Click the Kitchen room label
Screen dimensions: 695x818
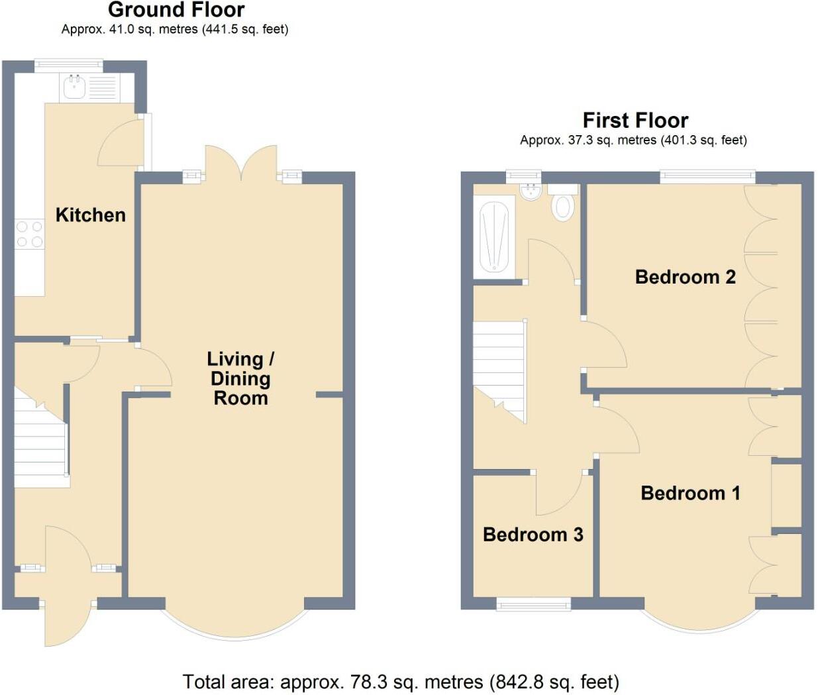coord(90,215)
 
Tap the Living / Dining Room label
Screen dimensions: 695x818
coord(240,378)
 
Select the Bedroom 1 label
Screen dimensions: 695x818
coord(690,493)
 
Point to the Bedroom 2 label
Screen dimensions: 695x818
coord(685,276)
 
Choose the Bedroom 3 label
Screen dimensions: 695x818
coord(533,535)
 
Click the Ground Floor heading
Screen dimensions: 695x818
coord(176,10)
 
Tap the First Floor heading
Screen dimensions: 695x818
coord(635,120)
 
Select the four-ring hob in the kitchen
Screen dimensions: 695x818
coord(29,235)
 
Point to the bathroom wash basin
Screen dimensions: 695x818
coord(531,191)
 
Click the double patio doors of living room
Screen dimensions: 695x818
coord(241,163)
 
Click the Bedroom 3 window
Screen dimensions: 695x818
coord(534,603)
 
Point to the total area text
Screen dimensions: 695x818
coord(401,682)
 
